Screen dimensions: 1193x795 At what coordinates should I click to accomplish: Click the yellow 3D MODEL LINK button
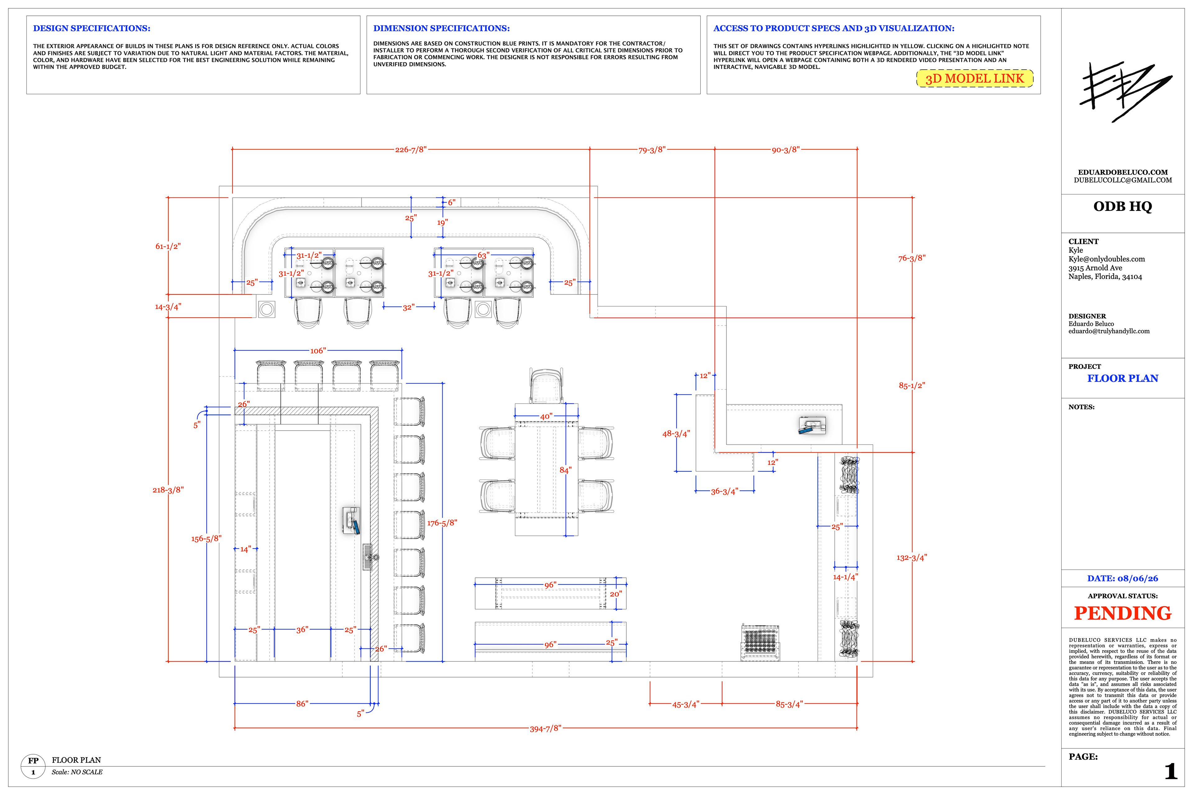[x=974, y=79]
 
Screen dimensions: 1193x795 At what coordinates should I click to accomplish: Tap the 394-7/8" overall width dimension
[x=545, y=729]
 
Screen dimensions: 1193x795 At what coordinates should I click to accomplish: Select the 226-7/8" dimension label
[x=411, y=150]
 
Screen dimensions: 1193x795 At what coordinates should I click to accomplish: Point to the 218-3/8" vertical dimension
[x=168, y=490]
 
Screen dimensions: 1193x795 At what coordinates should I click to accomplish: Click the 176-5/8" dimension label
[x=442, y=523]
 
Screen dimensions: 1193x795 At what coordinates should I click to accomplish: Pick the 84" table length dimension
[x=565, y=470]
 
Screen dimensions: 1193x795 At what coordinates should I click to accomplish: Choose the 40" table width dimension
[x=546, y=417]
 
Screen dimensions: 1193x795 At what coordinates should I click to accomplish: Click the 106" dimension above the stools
[x=318, y=350]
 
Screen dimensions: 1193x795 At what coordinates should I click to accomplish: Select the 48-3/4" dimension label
[x=676, y=434]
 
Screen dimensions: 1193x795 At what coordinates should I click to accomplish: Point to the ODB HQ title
[x=1122, y=206]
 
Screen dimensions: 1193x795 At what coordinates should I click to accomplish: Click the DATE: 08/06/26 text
[x=1122, y=579]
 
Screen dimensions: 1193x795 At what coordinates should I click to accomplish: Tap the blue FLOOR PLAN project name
[x=1122, y=378]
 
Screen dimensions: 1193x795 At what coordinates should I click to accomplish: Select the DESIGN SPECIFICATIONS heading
[x=92, y=28]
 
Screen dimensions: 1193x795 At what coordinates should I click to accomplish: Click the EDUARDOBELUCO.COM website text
[x=1122, y=172]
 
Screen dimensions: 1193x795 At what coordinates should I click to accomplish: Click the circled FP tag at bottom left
[x=33, y=766]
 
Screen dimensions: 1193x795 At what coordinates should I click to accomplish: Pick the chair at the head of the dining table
[x=546, y=385]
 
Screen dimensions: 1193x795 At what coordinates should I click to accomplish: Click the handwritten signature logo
[x=1125, y=91]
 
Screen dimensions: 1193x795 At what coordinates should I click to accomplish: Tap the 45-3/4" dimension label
[x=686, y=704]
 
